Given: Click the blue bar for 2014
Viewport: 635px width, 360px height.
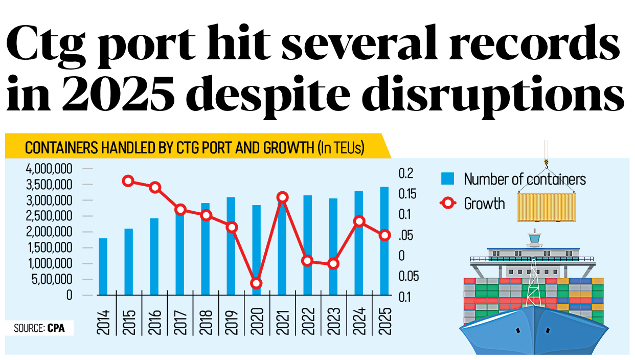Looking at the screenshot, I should click(x=103, y=266).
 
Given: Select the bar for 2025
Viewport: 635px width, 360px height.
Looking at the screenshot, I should click(x=384, y=241).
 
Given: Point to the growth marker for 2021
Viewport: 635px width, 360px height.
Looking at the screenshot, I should click(x=282, y=197).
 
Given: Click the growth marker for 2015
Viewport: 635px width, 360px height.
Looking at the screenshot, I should click(x=128, y=181).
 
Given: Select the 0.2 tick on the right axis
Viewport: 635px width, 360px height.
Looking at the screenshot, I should click(x=405, y=173).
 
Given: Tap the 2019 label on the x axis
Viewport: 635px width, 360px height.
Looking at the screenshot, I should click(x=231, y=321).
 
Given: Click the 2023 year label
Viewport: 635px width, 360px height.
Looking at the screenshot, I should click(x=333, y=321).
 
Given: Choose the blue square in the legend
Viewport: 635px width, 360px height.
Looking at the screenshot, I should click(x=448, y=178).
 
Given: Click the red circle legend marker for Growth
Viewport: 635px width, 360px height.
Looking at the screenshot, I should click(x=448, y=204).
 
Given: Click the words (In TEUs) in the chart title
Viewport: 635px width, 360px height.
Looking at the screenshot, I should click(x=341, y=148).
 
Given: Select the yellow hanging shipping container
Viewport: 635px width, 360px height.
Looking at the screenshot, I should click(x=546, y=207).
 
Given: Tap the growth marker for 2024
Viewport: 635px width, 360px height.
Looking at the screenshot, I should click(x=359, y=221).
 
